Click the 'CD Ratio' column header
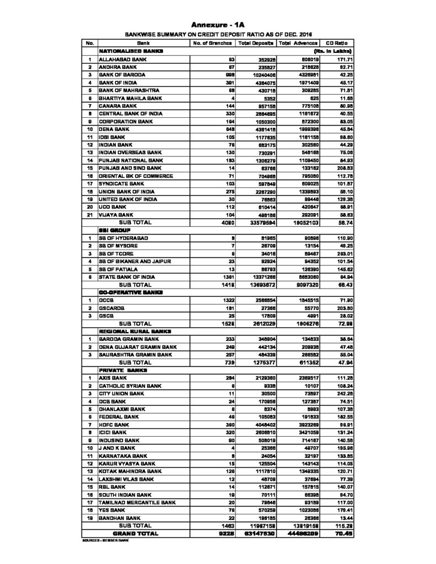[x=337, y=42]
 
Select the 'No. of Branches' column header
[x=212, y=42]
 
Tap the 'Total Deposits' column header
[x=255, y=42]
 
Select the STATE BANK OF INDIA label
[x=128, y=276]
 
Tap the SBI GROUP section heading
[x=115, y=229]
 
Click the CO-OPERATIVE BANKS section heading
[x=127, y=292]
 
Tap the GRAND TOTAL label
[x=134, y=534]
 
